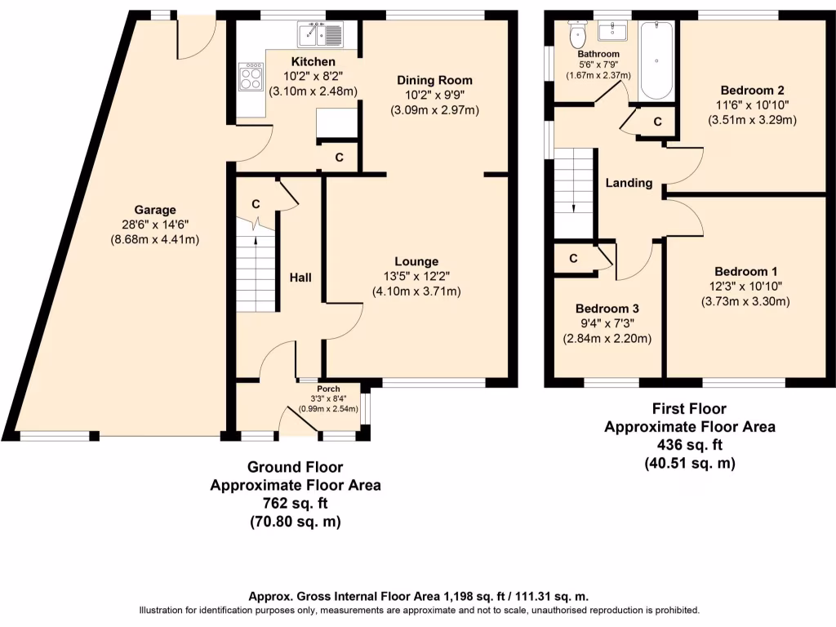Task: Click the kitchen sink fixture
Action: coord(320,35)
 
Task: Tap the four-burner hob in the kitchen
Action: coord(251,77)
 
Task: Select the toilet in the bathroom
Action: coord(577,34)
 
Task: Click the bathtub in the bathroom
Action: coord(656,60)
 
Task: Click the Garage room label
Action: coord(154,210)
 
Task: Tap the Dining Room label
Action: coord(434,81)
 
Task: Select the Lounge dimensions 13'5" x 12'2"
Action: coord(416,276)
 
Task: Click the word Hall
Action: coord(300,278)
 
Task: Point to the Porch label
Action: coord(328,389)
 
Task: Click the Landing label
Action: coord(629,183)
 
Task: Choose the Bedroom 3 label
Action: coord(607,309)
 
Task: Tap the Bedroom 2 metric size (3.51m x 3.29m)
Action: coord(752,120)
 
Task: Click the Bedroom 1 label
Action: coord(746,272)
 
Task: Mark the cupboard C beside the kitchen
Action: coord(339,158)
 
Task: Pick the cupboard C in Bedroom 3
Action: coord(573,259)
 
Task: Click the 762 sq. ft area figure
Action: coord(295,503)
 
